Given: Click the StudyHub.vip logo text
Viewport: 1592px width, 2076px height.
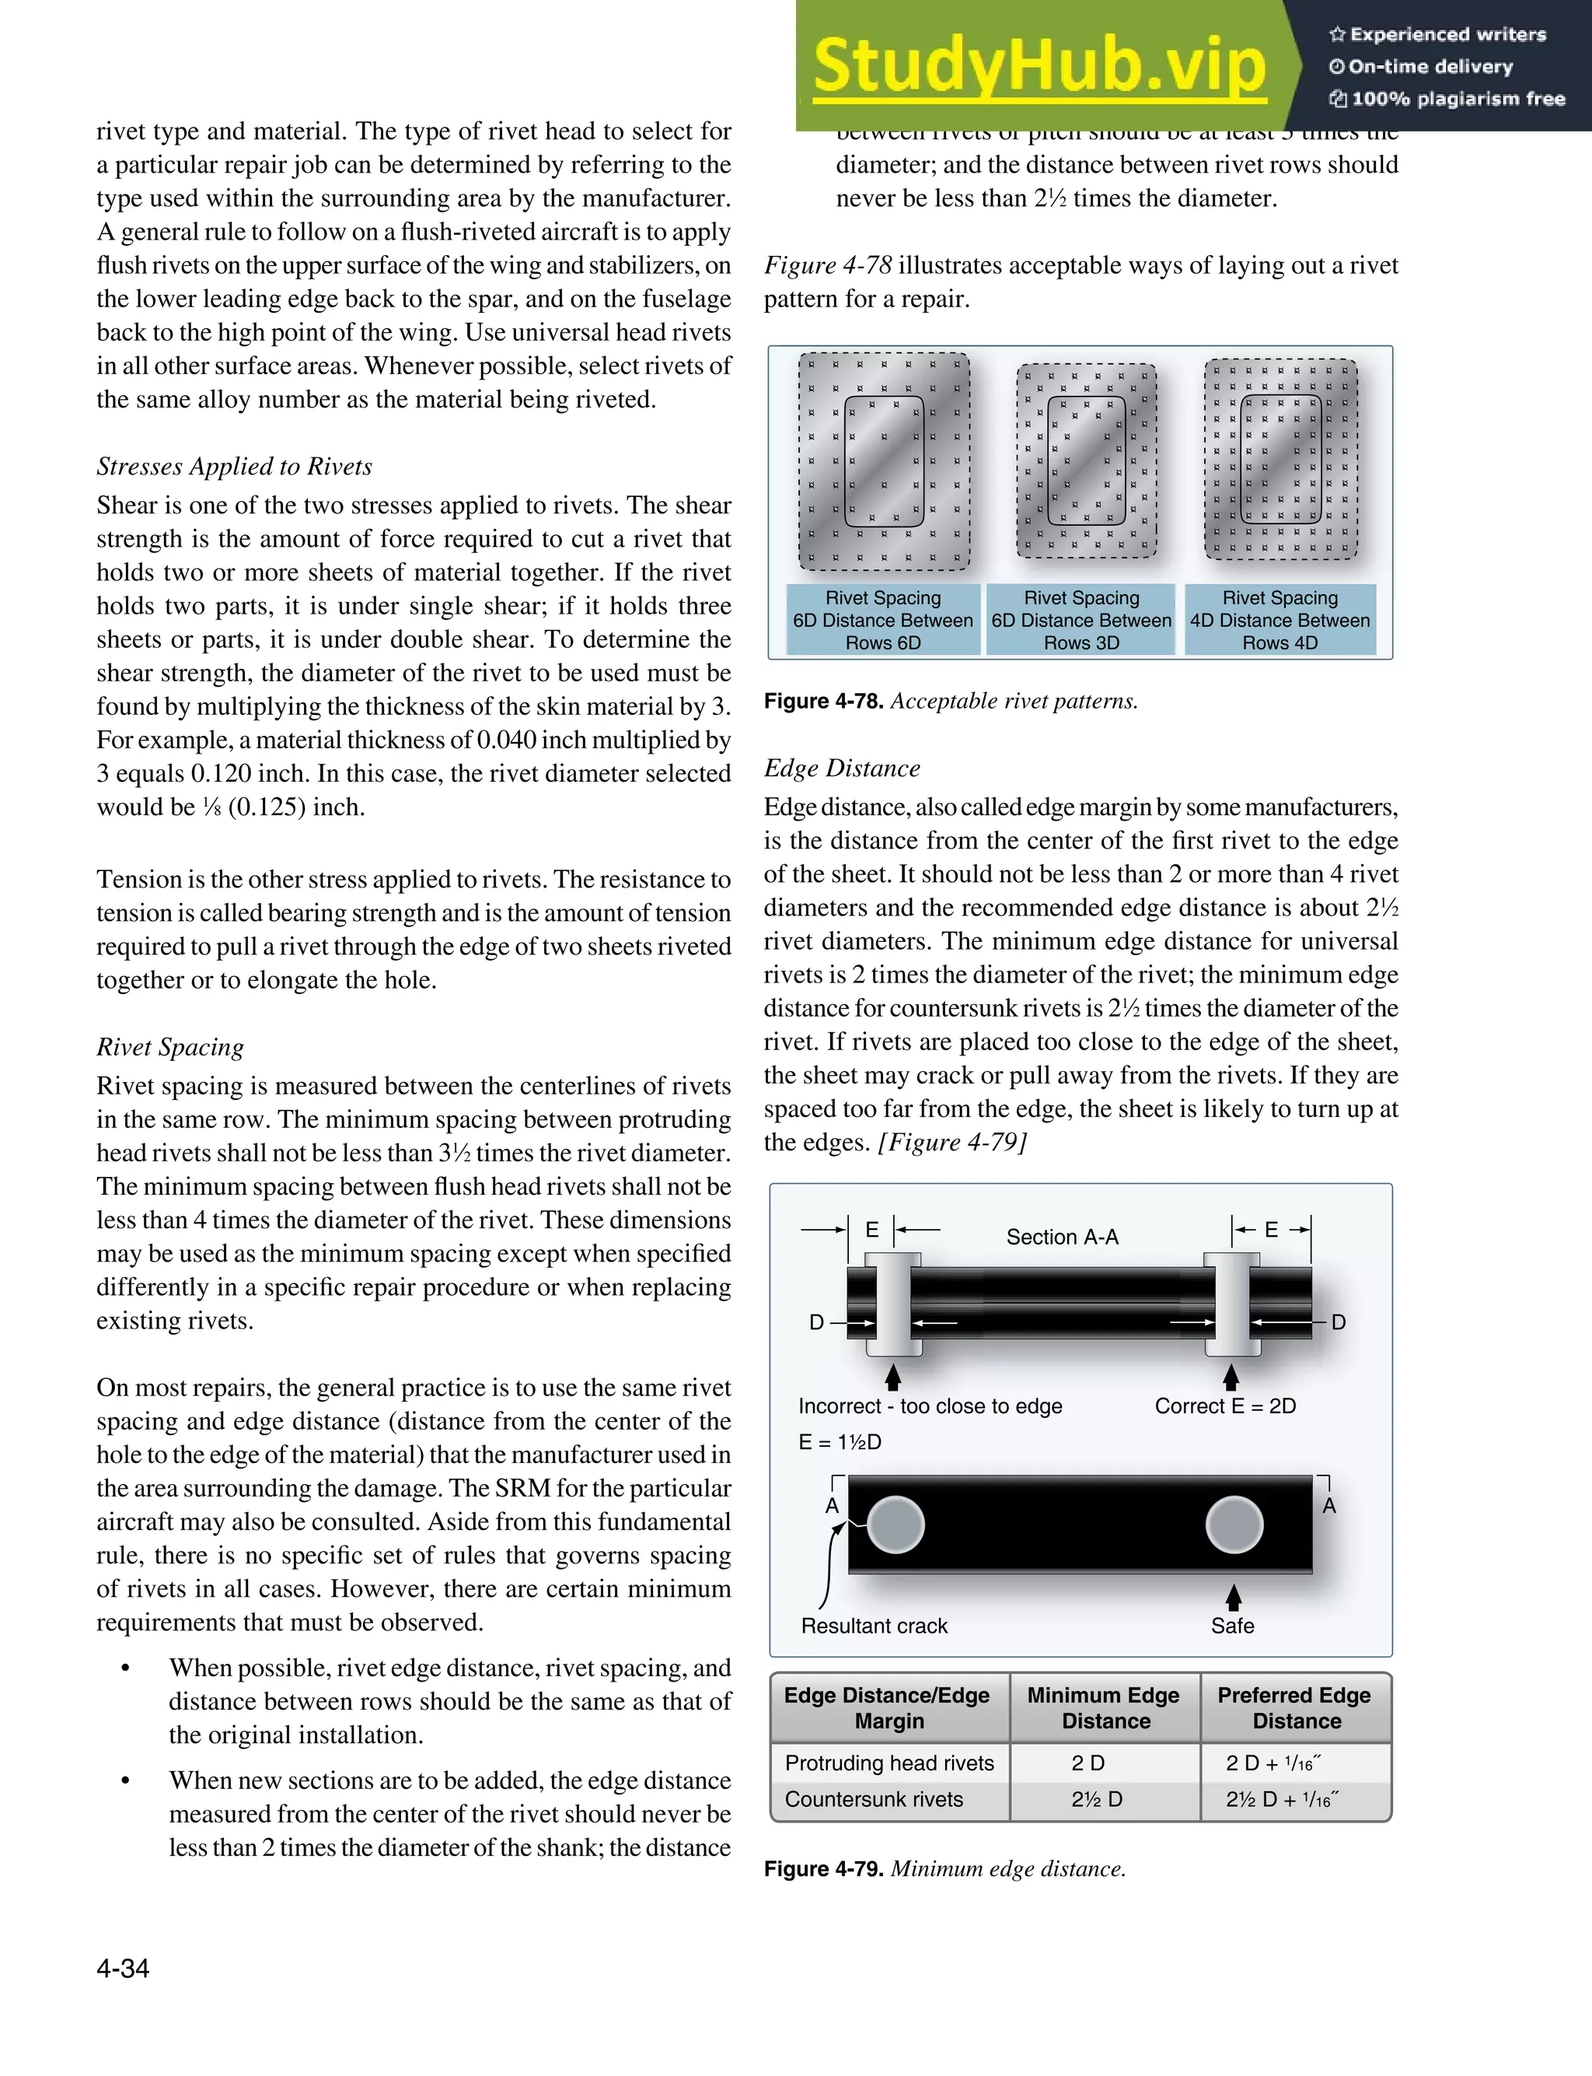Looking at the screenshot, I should tap(1039, 66).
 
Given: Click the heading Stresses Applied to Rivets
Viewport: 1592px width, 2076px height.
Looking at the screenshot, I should tap(234, 467).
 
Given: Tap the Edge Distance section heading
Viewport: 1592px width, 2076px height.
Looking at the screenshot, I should tap(842, 768).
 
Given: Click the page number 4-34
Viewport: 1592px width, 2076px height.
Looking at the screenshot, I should tap(123, 1968).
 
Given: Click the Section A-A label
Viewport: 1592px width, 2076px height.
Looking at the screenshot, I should tap(1063, 1237).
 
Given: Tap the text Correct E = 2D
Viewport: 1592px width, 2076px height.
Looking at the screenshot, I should tap(1224, 1406).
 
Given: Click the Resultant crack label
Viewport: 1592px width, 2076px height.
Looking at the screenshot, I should tap(874, 1626).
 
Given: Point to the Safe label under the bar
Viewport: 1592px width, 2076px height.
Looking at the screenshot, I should tap(1232, 1626).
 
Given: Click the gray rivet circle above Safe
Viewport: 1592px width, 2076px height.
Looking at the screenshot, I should tap(1234, 1525).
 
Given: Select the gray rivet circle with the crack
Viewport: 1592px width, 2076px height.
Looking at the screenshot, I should tap(895, 1525).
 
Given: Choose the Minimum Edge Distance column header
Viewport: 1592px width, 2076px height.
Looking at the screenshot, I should tap(1104, 1707).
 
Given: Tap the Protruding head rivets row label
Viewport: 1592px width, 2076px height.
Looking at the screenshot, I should tap(889, 1763).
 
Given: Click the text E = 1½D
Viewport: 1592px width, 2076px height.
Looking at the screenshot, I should tap(840, 1442).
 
